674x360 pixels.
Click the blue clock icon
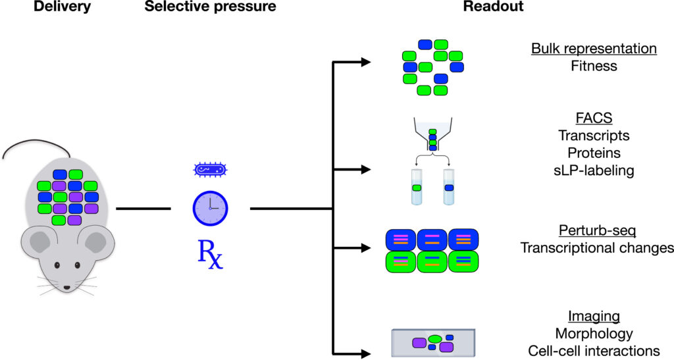[210, 207]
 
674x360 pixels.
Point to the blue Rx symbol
[211, 255]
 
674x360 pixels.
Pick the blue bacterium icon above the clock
[210, 171]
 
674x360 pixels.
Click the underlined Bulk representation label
[593, 49]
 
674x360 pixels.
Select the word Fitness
[593, 66]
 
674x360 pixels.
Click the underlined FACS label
[593, 118]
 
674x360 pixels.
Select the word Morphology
[593, 333]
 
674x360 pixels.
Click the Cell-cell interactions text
[593, 351]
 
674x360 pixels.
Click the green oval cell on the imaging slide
[435, 338]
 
